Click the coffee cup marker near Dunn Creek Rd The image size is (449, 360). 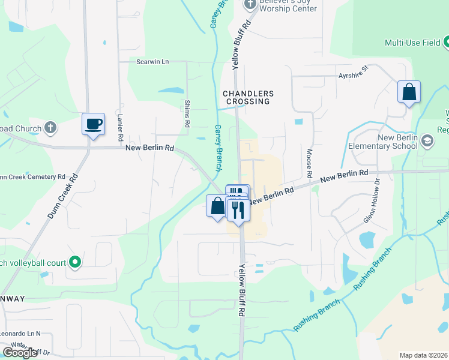93,125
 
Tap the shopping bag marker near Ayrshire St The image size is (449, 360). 409,93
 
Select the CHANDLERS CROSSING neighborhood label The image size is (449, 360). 248,98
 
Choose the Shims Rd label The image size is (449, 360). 187,113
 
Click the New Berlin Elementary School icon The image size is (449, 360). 427,142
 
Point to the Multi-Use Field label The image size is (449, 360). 412,43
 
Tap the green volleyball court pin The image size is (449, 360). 75,262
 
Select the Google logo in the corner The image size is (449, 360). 20,352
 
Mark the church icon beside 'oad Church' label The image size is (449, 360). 51,128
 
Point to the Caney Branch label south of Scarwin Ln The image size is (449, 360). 218,139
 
